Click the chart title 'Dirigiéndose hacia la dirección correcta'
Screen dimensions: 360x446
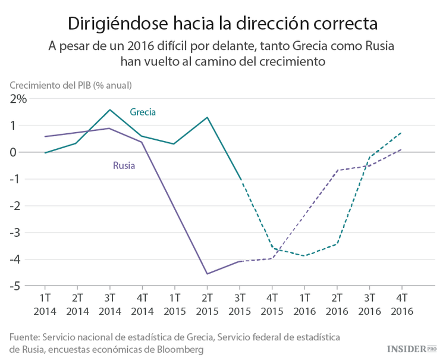point(222,23)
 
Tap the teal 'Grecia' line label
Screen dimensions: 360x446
point(143,112)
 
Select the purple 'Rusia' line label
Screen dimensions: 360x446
point(124,165)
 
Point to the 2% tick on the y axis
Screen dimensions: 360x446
point(17,99)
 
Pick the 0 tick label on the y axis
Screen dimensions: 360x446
point(23,152)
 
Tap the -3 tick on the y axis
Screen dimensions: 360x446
point(20,233)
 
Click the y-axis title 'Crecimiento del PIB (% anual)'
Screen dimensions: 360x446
point(70,85)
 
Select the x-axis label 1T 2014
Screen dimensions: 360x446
point(45,303)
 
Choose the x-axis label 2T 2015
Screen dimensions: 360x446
point(206,303)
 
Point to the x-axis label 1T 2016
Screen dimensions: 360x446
point(304,303)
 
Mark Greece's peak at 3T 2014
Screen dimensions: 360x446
point(110,109)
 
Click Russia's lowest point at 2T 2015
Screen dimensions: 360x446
point(207,274)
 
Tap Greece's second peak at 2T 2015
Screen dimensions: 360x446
point(207,117)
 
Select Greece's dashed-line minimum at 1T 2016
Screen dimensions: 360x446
point(304,256)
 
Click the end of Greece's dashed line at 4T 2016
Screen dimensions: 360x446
point(401,133)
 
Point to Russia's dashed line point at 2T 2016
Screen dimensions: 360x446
point(337,170)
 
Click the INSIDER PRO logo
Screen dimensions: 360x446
point(412,348)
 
